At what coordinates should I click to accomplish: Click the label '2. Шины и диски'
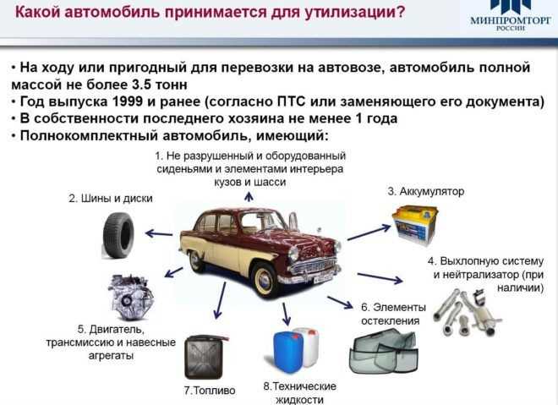tap(110, 199)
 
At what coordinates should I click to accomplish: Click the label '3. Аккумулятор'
tap(426, 192)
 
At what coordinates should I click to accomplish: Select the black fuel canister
tap(205, 356)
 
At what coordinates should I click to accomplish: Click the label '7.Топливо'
tap(209, 391)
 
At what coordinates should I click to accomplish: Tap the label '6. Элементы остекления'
tap(390, 314)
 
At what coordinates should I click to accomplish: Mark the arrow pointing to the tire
tap(159, 231)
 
